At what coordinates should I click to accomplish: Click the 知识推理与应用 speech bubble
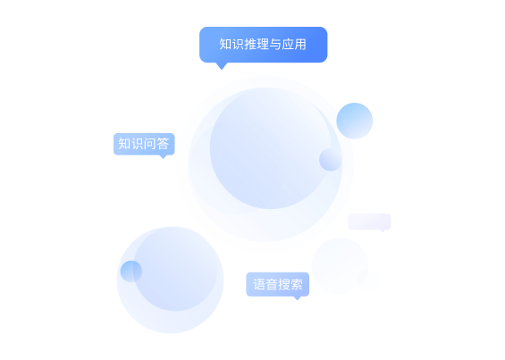[x=263, y=45]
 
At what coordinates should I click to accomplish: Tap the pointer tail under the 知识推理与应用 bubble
[x=222, y=66]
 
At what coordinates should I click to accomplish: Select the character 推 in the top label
[x=250, y=45]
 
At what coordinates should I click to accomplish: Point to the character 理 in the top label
[x=263, y=45]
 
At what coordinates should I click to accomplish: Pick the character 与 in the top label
[x=275, y=45]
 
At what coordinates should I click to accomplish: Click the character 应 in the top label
[x=288, y=45]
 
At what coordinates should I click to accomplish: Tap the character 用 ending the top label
[x=300, y=45]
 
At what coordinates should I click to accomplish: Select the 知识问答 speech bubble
[x=144, y=144]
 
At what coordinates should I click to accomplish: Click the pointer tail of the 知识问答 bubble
[x=164, y=157]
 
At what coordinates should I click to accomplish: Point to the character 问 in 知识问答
[x=150, y=144]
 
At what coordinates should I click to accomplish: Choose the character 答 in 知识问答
[x=163, y=144]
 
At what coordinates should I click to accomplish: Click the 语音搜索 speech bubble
[x=278, y=284]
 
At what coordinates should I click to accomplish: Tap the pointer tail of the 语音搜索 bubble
[x=298, y=298]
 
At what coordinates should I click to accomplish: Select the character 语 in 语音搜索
[x=259, y=284]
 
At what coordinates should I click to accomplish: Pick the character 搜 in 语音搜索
[x=284, y=284]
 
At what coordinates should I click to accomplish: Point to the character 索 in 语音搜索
[x=297, y=284]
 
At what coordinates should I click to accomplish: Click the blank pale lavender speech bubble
[x=369, y=222]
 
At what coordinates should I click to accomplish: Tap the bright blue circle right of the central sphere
[x=355, y=121]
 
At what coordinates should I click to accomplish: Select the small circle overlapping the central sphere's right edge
[x=331, y=160]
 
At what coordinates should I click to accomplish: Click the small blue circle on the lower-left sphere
[x=131, y=272]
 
